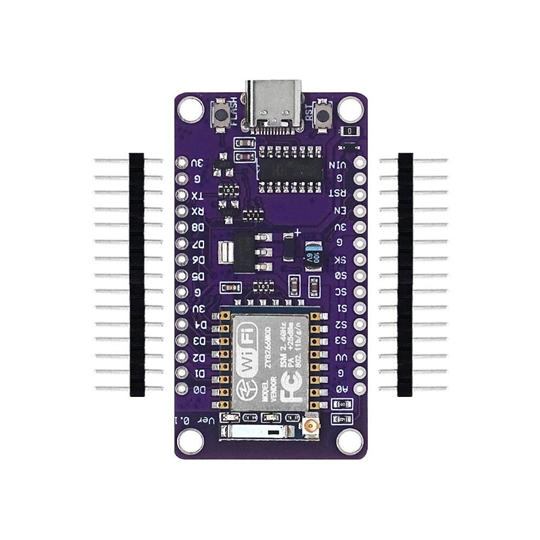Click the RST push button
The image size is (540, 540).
(323, 116)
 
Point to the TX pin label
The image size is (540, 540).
(198, 195)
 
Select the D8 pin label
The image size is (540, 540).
(198, 228)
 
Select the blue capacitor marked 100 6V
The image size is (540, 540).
(313, 252)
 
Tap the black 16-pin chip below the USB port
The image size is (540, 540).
(291, 169)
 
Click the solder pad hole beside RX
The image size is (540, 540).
(181, 211)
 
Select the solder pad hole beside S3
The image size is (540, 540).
(359, 341)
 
